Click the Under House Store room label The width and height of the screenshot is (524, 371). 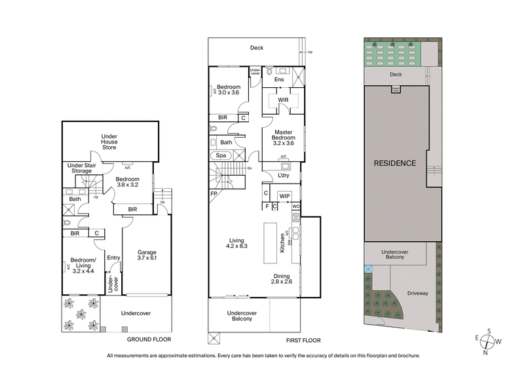tap(109, 140)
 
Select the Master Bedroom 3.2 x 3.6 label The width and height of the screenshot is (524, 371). tap(283, 136)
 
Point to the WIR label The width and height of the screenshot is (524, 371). tap(283, 100)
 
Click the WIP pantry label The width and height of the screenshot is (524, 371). tap(284, 196)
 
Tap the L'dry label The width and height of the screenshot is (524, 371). tap(284, 176)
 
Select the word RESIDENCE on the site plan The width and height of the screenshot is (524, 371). tap(395, 163)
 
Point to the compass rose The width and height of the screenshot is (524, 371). tap(488, 342)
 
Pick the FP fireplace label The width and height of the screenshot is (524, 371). tap(214, 195)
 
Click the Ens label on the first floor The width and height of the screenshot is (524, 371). tap(279, 79)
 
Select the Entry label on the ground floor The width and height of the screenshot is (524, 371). tap(113, 258)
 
